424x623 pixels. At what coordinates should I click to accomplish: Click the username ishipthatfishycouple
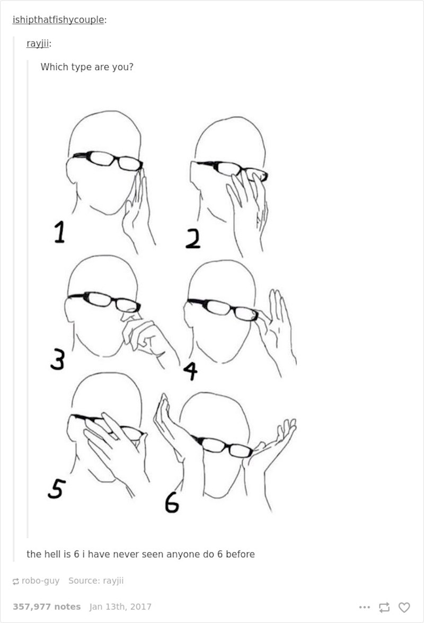58,20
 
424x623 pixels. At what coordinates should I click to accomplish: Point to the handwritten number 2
193,240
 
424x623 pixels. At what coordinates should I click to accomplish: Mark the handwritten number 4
190,371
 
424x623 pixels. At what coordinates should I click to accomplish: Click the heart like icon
404,607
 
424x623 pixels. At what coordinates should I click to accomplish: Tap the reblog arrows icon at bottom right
384,607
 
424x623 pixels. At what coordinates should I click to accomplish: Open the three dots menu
363,607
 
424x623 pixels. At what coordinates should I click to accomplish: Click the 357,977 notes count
47,607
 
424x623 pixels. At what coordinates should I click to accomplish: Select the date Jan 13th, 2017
120,607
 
